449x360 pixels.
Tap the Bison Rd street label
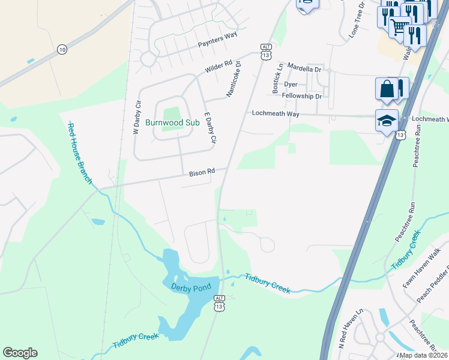pyautogui.click(x=202, y=172)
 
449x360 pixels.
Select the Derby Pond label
pyautogui.click(x=191, y=288)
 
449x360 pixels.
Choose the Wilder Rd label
pyautogui.click(x=218, y=67)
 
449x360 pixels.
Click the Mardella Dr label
pyautogui.click(x=304, y=68)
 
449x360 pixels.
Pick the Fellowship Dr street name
pyautogui.click(x=302, y=96)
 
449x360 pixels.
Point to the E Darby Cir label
pyautogui.click(x=209, y=128)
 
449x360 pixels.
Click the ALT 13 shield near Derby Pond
pyautogui.click(x=220, y=304)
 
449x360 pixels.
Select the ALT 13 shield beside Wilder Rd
pyautogui.click(x=266, y=52)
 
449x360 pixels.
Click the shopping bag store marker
pyautogui.click(x=387, y=88)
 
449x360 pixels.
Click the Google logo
pyautogui.click(x=20, y=353)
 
